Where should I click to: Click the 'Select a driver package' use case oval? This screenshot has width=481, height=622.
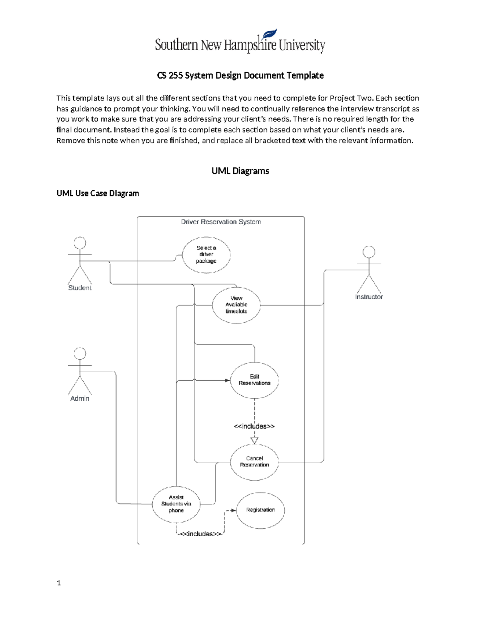coord(206,255)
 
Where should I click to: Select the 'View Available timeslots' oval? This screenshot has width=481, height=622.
coord(236,305)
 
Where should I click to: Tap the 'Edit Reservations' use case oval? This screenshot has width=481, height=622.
coord(255,380)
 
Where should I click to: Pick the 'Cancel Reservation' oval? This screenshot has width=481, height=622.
coord(255,462)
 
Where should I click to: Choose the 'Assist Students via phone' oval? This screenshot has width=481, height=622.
coord(176,504)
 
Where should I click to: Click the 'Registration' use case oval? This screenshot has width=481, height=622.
coord(261,510)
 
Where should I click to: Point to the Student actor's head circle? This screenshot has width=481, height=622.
coord(80,243)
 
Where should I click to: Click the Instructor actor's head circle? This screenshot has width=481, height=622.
coord(369,252)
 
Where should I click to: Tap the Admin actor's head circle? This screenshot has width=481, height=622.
coord(80,354)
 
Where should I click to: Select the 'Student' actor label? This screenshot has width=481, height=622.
coord(80,288)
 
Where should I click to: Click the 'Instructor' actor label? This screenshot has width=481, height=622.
coord(369,297)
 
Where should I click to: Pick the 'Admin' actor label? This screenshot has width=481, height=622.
coord(80,399)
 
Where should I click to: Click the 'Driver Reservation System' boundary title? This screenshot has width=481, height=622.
coord(221,222)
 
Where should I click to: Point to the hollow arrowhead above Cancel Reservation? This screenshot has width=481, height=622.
coord(255,440)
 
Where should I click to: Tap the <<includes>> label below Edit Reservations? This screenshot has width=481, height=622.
coord(254,426)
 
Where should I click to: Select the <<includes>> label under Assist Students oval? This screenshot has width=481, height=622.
coord(200,534)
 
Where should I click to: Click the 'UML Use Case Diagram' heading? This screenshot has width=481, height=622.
coord(98,193)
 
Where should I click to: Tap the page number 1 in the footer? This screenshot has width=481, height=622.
coord(59,583)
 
